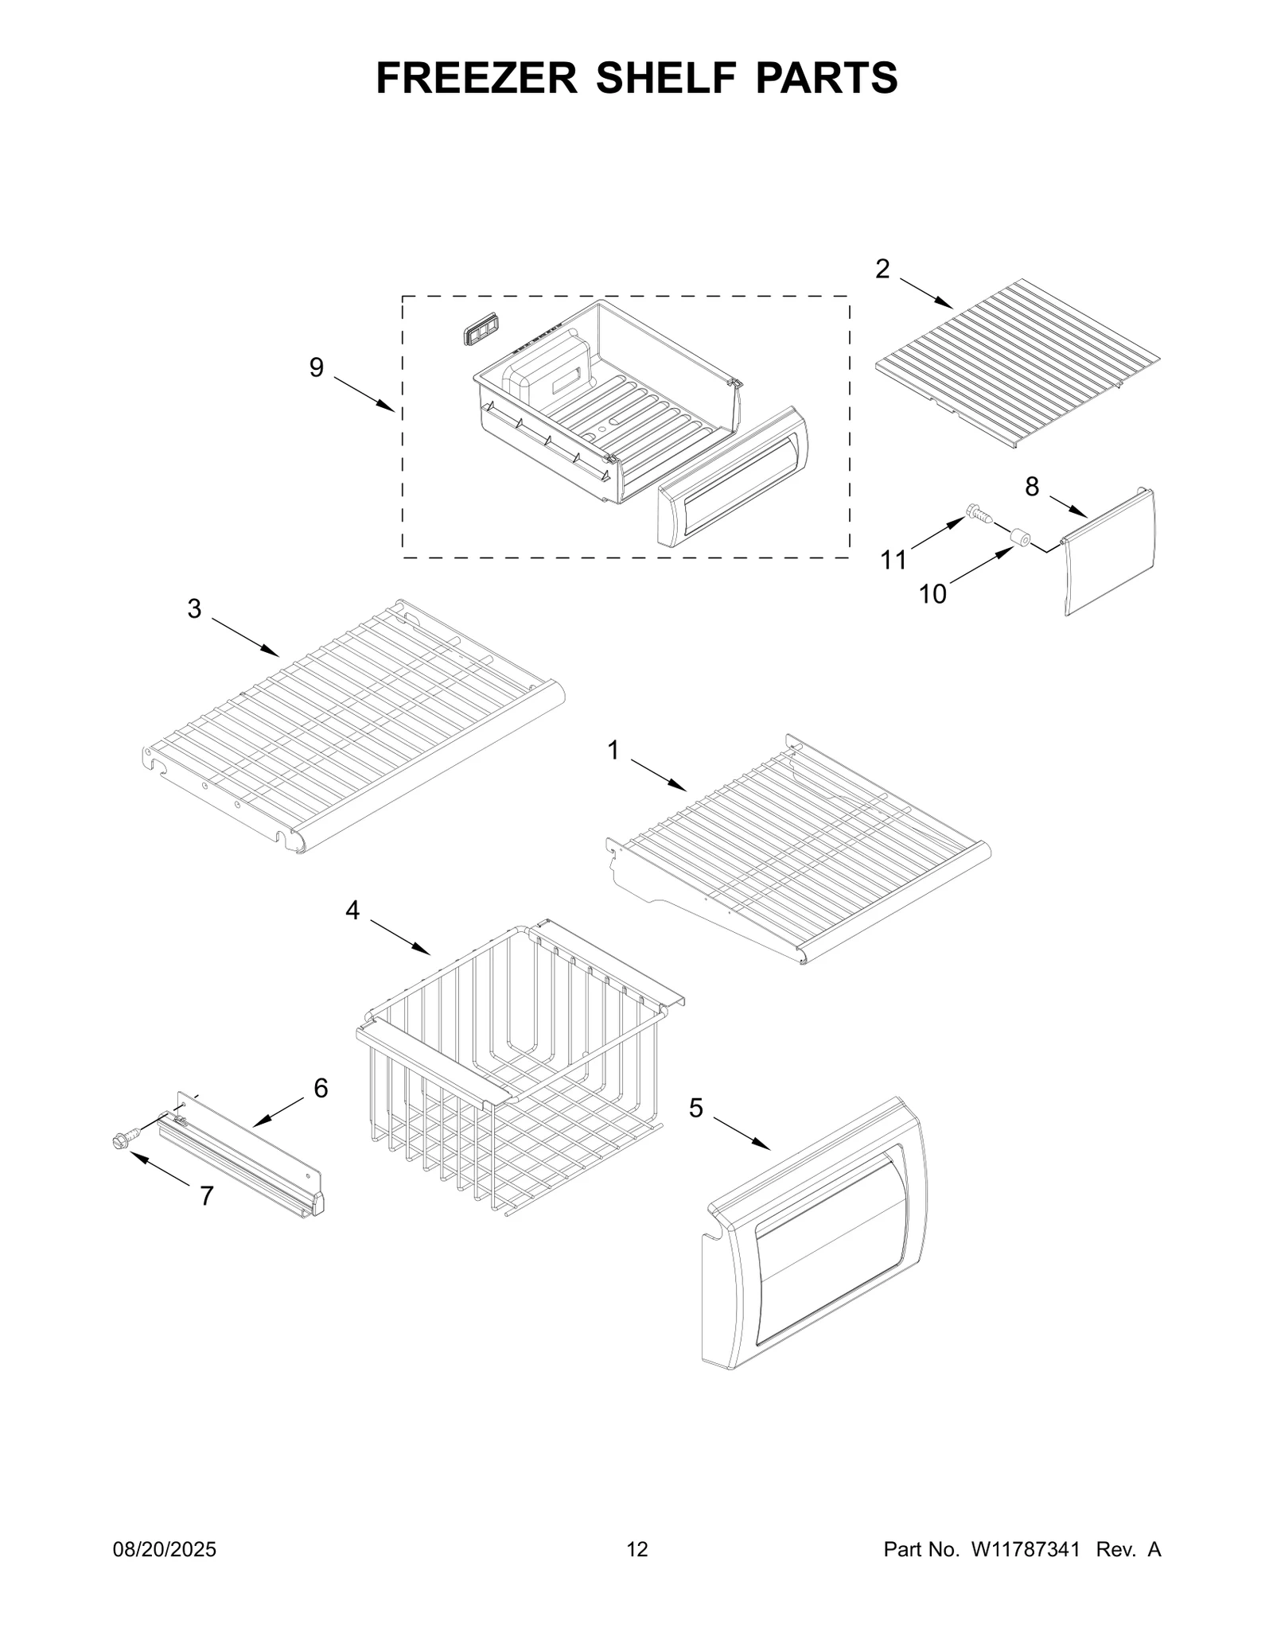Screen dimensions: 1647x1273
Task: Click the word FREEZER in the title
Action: [x=477, y=78]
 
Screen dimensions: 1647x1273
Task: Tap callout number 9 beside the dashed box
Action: [x=317, y=367]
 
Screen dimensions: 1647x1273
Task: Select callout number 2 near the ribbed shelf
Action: [x=882, y=270]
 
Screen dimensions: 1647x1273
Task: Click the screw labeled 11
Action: [x=978, y=514]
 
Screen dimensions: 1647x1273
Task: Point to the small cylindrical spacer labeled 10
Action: [x=1018, y=538]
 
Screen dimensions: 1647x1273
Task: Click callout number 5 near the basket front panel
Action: [x=696, y=1108]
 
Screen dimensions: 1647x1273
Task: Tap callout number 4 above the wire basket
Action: [x=352, y=911]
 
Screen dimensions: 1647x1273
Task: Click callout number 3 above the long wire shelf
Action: [x=194, y=609]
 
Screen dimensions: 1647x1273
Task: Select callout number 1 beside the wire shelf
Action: [x=613, y=750]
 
